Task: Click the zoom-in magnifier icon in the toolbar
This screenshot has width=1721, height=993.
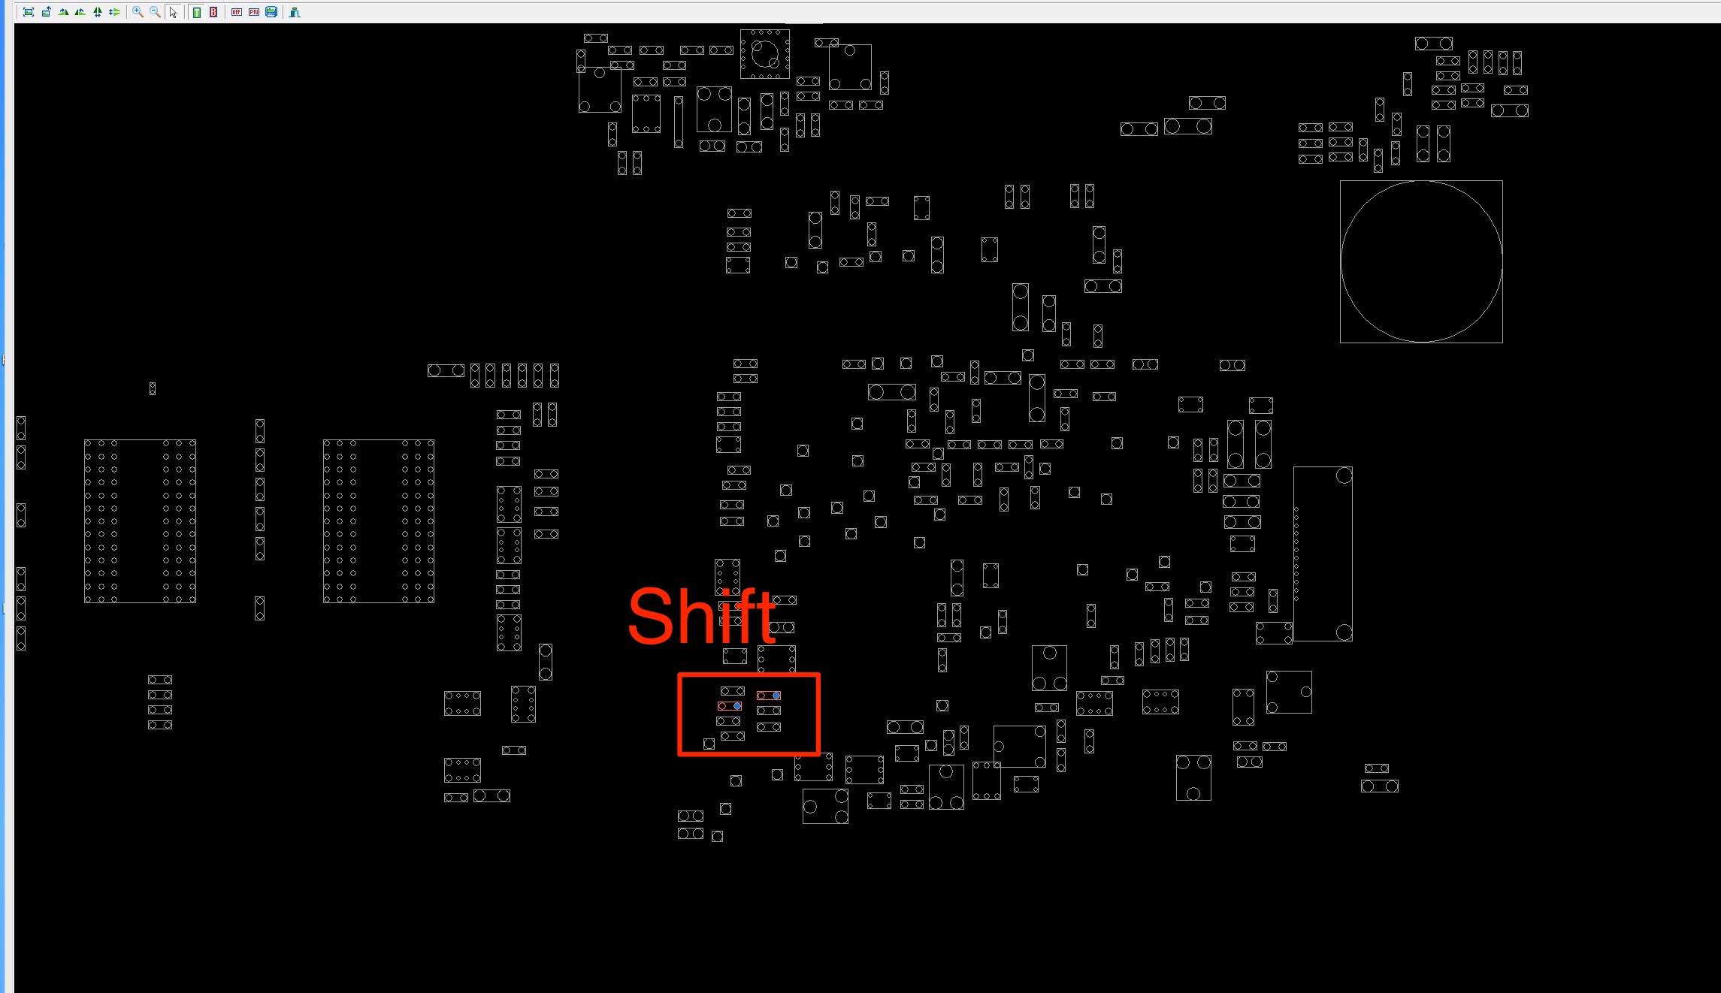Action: (x=138, y=12)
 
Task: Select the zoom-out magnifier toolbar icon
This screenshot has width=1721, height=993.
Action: (x=155, y=12)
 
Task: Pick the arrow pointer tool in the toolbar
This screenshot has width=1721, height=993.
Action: (x=173, y=12)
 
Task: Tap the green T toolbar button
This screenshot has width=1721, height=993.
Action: (x=197, y=12)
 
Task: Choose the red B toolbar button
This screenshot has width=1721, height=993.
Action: (x=213, y=12)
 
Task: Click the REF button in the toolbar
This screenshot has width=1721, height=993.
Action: (x=237, y=12)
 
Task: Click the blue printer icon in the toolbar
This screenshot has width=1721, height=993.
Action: (x=271, y=12)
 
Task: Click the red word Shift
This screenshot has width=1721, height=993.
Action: (x=702, y=617)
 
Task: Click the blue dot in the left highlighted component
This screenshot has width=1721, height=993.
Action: (x=737, y=706)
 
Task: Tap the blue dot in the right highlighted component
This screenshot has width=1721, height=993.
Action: (x=776, y=696)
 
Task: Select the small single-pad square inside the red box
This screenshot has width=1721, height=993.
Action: (x=709, y=744)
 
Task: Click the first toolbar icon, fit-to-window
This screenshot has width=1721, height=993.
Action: (x=29, y=12)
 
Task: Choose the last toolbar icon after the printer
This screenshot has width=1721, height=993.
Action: (x=295, y=12)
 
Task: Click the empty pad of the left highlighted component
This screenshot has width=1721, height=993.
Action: (x=722, y=706)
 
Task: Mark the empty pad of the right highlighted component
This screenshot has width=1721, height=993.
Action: (x=761, y=696)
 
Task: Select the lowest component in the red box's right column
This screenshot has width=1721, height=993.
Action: (x=769, y=727)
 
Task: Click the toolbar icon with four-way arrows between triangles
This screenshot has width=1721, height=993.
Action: (x=97, y=12)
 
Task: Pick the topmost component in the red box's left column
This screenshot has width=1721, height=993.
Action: (x=733, y=691)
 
